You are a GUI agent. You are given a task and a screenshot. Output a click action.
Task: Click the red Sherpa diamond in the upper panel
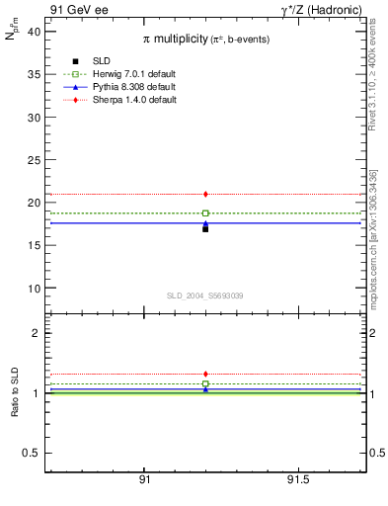205,194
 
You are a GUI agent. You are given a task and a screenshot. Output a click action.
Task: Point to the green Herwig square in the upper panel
205,213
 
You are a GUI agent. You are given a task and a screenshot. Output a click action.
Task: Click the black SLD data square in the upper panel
205,228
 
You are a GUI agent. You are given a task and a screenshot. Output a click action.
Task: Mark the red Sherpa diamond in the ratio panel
205,375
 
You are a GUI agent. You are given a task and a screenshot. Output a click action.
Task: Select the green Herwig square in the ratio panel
205,383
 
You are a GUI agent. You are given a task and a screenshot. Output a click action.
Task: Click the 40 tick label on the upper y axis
33,32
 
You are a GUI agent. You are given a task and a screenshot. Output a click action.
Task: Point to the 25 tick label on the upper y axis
33,160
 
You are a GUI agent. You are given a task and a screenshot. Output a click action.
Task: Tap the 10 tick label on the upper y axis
33,289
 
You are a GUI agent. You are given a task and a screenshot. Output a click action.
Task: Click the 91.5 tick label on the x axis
297,479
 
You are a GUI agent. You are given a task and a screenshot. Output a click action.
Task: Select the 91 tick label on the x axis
144,479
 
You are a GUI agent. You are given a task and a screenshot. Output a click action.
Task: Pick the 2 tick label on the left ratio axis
36,333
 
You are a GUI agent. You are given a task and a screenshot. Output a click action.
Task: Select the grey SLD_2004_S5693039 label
204,295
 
